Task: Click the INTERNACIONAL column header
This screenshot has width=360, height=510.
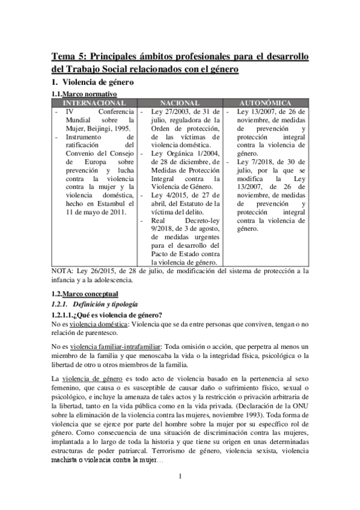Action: click(x=94, y=103)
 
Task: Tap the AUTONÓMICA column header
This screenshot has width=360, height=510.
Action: click(x=265, y=103)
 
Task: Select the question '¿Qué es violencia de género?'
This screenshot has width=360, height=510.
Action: click(x=121, y=315)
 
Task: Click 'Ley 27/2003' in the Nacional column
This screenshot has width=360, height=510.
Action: click(x=172, y=112)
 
